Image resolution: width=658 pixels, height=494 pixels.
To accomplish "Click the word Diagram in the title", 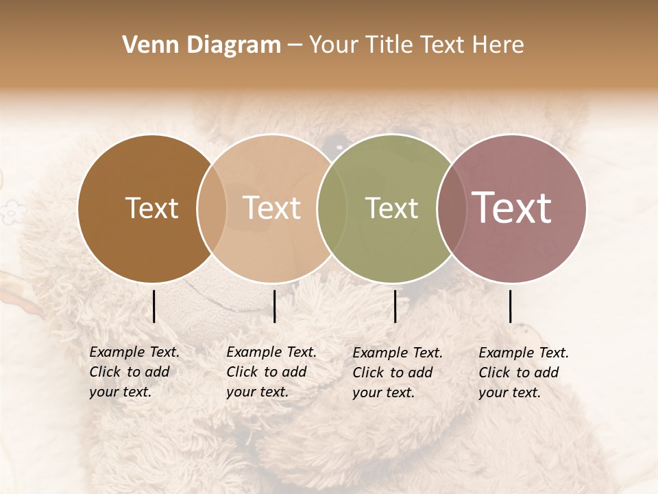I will tap(233, 45).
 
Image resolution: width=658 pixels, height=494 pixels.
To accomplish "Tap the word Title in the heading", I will tap(389, 45).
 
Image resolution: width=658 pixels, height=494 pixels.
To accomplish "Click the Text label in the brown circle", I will tap(151, 208).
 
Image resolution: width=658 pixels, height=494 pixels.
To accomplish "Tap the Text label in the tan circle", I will tap(271, 208).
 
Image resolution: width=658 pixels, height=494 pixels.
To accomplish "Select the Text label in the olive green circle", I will tap(391, 208).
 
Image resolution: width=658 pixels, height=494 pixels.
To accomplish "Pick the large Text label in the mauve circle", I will tap(511, 208).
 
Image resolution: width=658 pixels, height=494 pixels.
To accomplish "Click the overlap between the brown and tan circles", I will tap(212, 208).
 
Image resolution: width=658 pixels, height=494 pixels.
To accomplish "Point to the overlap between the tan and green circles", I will tap(332, 208).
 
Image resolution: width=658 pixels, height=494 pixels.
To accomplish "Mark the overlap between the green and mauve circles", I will tap(452, 208).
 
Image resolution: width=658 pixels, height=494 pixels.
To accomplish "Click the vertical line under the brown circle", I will tap(154, 306).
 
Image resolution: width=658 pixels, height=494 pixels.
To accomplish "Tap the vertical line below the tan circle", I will tap(274, 306).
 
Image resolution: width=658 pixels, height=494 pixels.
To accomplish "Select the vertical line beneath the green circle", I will tap(395, 306).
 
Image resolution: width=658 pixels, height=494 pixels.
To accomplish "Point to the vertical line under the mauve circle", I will tap(510, 306).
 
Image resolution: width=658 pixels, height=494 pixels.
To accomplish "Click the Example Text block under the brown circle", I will tap(134, 372).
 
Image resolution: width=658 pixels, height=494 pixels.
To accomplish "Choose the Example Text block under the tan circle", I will tap(271, 372).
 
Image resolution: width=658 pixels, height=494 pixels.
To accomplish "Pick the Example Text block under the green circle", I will tap(397, 373).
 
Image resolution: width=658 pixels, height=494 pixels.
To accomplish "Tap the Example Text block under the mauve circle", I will tap(523, 373).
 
